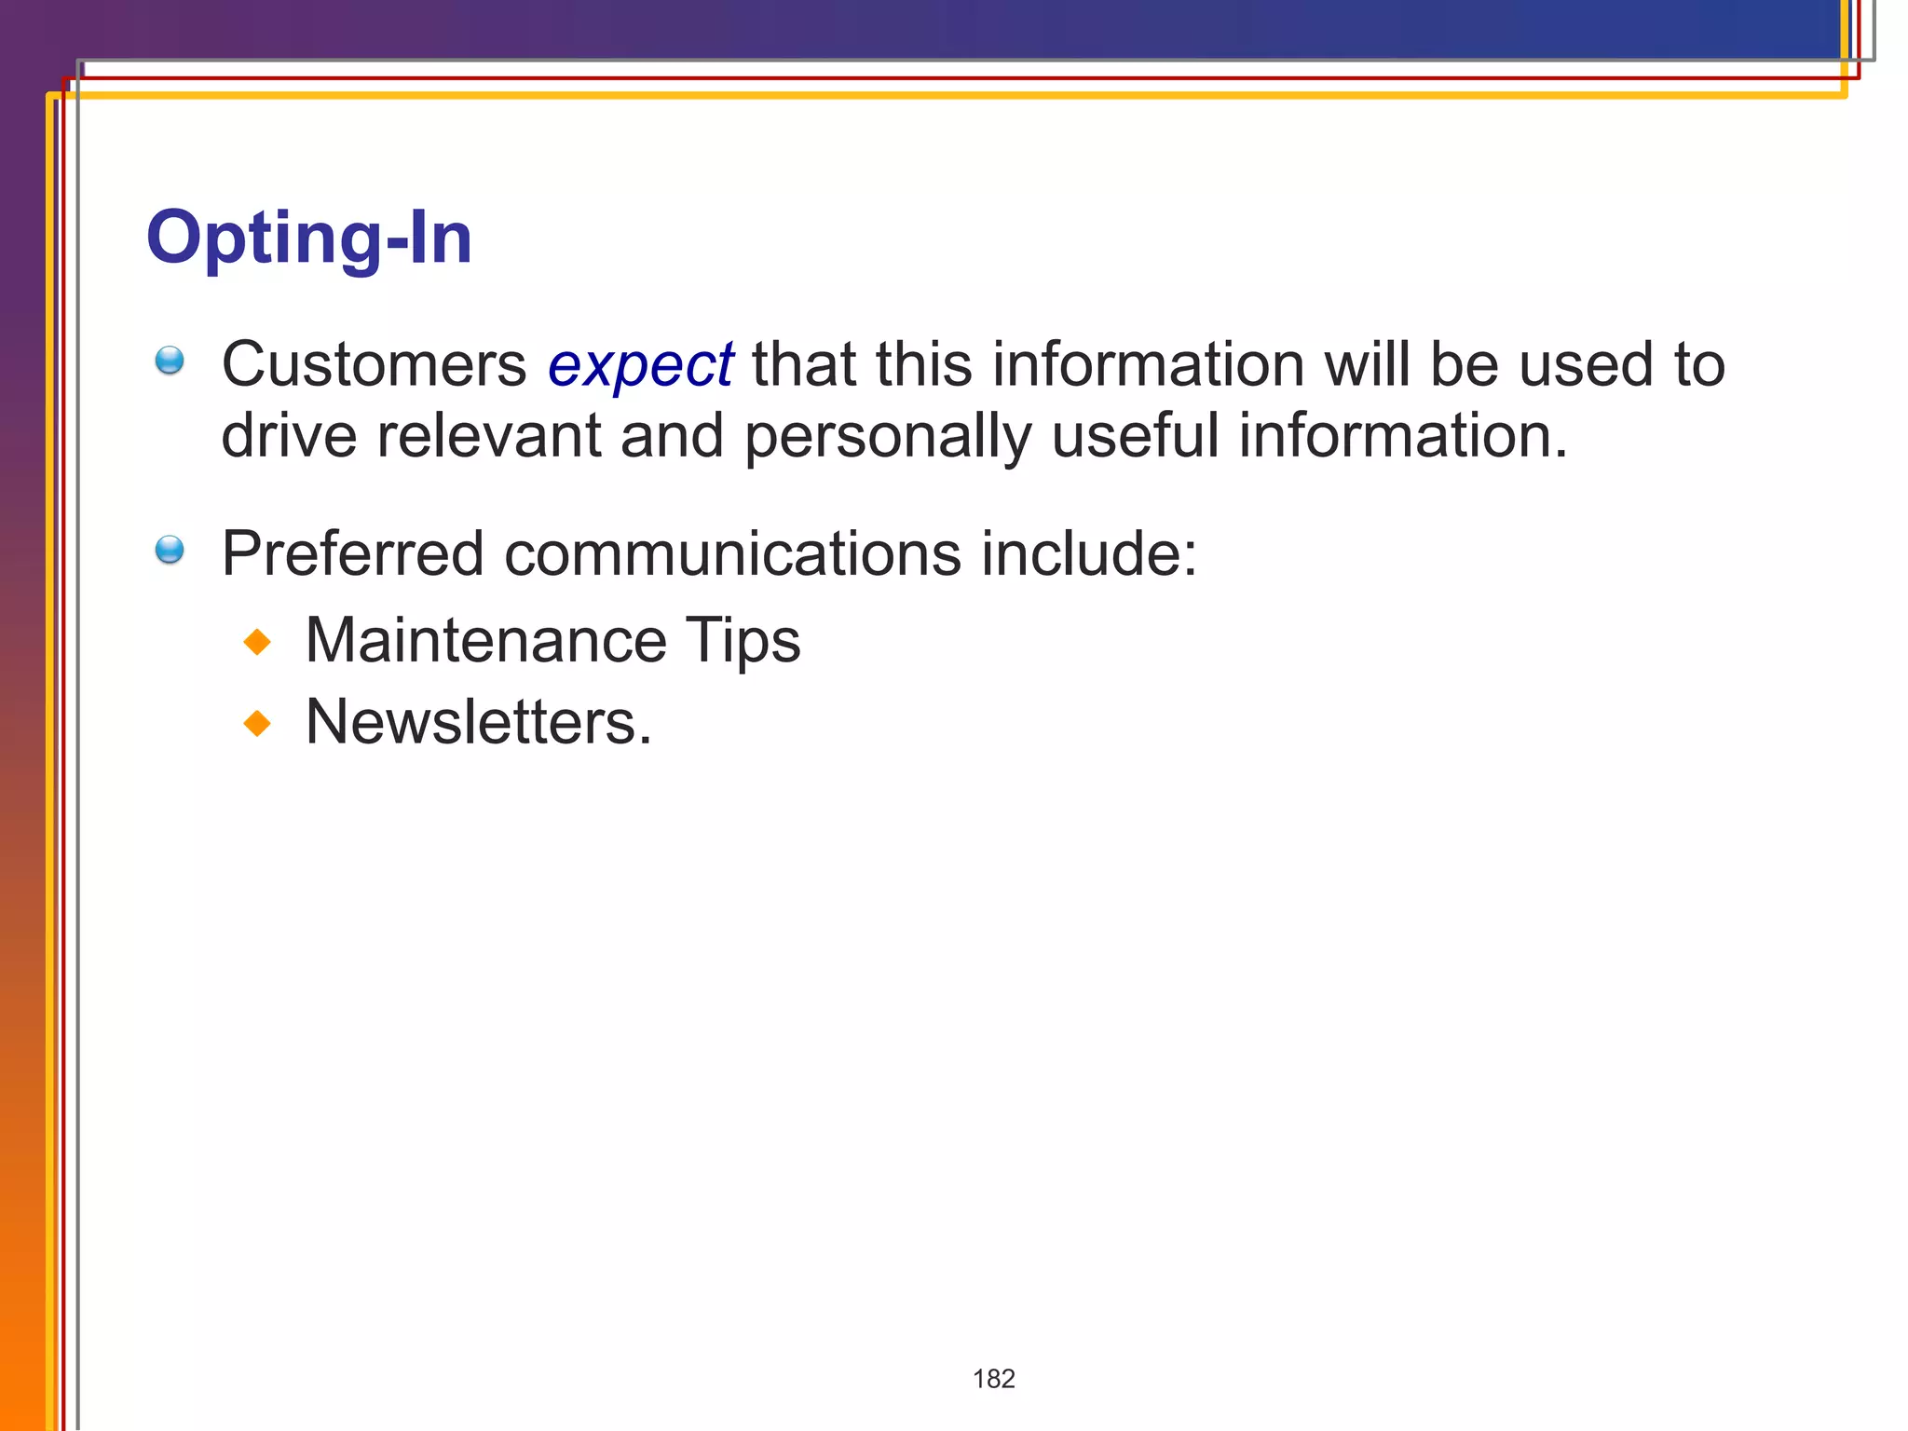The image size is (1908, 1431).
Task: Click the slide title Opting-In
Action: coord(309,238)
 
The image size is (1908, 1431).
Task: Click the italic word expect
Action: coord(640,365)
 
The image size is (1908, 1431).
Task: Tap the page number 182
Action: coord(993,1379)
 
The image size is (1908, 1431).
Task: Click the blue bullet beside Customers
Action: coord(170,361)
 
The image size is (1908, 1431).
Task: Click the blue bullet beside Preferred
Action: coord(170,550)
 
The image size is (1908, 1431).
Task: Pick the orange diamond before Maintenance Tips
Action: coord(257,642)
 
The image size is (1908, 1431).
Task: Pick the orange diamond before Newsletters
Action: coord(257,723)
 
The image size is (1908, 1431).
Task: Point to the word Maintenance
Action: coord(485,641)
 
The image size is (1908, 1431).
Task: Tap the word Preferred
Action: coord(352,553)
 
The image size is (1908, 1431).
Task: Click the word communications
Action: coord(732,553)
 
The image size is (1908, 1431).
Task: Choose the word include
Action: coord(1081,553)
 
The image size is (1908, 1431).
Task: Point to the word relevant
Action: coord(488,436)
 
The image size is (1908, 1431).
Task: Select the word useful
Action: coord(1135,436)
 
